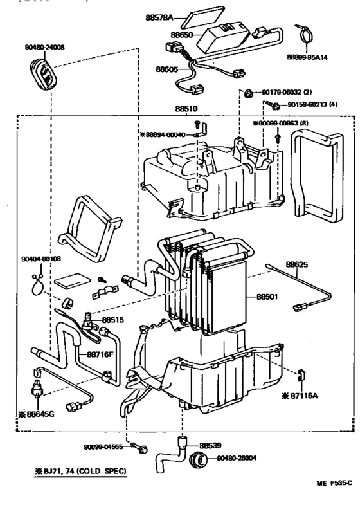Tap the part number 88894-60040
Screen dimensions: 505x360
click(165, 134)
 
